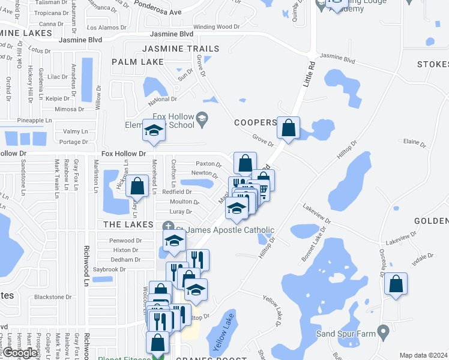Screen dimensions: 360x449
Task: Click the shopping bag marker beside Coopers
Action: (x=289, y=128)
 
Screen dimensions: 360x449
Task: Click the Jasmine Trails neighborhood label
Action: (x=181, y=48)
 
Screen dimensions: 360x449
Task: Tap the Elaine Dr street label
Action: (x=415, y=143)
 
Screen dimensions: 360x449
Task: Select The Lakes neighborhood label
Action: (x=128, y=224)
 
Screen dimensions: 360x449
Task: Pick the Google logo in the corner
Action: (x=20, y=353)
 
